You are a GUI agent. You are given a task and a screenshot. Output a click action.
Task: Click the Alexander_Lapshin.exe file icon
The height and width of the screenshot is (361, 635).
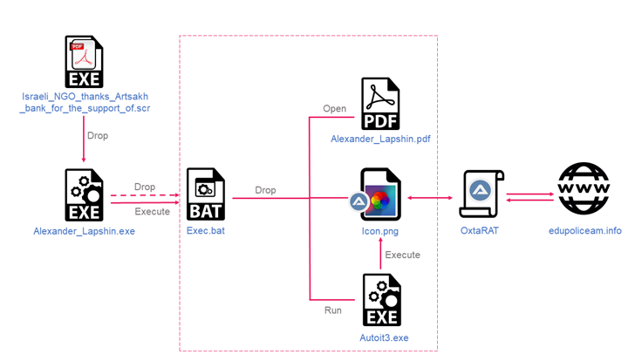click(83, 196)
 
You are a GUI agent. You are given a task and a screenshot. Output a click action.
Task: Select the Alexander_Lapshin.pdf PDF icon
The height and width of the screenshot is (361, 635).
click(380, 103)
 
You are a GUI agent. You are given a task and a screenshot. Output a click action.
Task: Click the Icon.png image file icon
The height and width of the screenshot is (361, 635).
click(380, 196)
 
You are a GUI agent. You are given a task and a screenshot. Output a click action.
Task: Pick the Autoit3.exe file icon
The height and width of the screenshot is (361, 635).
click(381, 301)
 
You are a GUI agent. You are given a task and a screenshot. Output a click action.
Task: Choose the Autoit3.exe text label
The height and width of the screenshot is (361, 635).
click(381, 337)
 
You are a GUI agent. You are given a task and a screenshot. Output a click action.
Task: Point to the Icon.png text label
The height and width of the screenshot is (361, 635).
click(381, 231)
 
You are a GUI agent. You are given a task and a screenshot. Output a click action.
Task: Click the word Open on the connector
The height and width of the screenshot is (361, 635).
click(335, 109)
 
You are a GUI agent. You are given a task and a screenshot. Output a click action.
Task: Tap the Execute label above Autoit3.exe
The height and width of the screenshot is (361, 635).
click(403, 255)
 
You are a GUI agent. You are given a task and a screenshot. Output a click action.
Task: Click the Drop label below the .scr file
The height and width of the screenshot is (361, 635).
click(99, 135)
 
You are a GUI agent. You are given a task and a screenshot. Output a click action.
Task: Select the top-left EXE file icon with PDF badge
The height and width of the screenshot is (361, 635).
click(83, 62)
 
